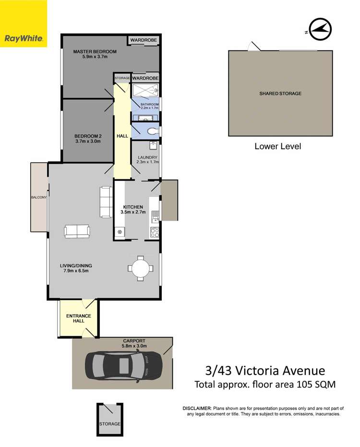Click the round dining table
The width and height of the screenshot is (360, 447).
point(141,268)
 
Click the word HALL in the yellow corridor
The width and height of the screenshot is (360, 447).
point(122,136)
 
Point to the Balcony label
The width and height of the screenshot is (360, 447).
point(38,197)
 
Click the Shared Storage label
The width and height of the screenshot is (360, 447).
point(280,94)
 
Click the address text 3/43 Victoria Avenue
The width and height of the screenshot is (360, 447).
point(264,371)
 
